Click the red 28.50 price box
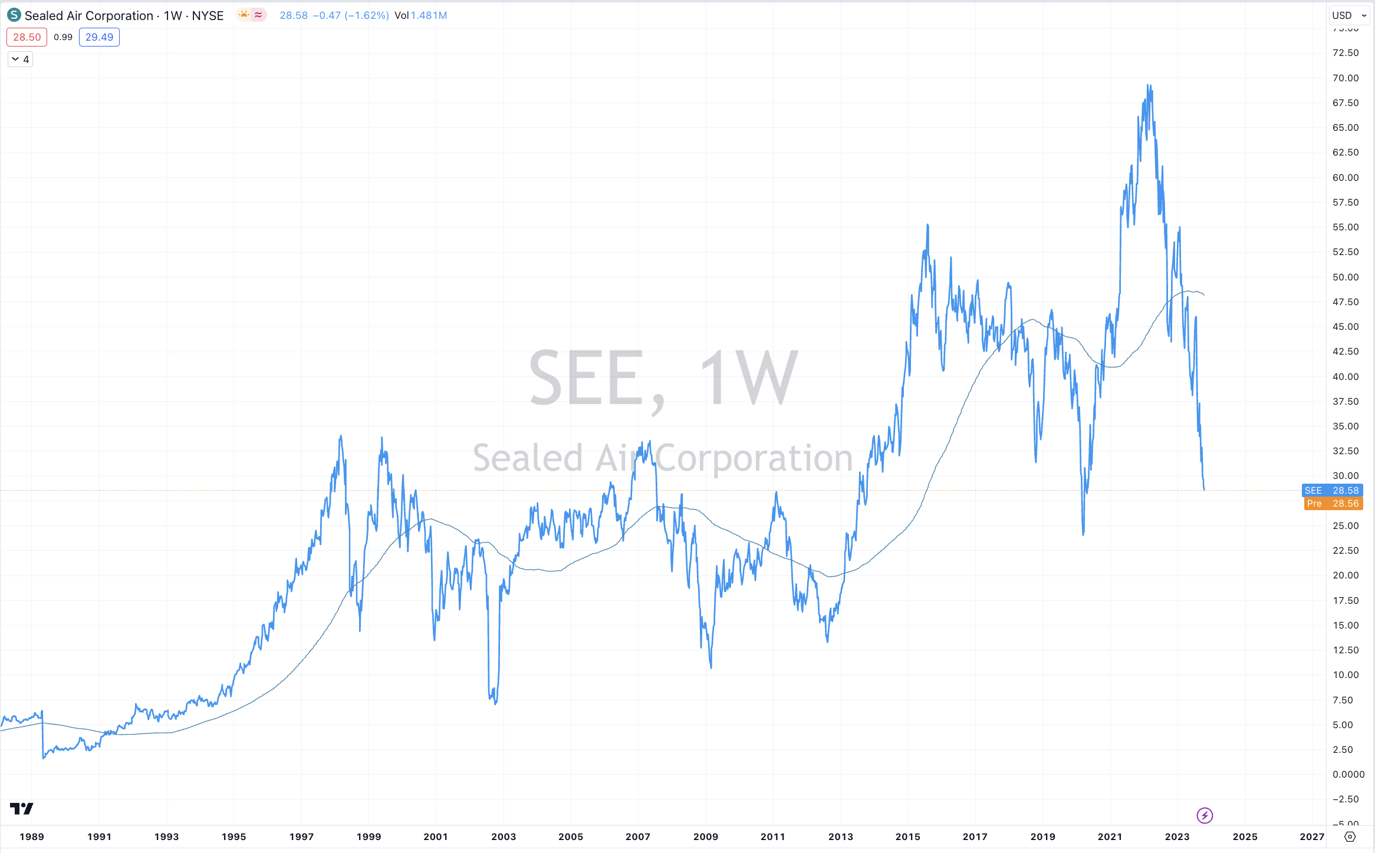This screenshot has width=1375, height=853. tap(27, 37)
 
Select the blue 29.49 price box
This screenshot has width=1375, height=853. tap(99, 37)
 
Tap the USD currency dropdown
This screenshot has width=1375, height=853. tap(1349, 15)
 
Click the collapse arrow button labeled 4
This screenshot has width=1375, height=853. tap(20, 59)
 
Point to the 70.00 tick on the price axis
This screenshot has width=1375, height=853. tap(1345, 78)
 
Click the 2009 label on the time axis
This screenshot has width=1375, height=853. tap(706, 837)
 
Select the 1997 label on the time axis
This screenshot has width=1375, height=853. tap(301, 837)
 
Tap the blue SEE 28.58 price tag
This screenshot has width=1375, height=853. tap(1332, 490)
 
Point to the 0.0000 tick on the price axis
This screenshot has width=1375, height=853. tap(1348, 774)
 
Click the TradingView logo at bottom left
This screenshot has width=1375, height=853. tap(21, 809)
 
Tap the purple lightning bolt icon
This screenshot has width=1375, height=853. tap(1205, 815)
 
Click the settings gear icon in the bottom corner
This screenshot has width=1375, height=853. tap(1350, 837)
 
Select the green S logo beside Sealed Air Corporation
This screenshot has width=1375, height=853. tap(14, 15)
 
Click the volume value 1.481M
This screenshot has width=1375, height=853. tap(429, 15)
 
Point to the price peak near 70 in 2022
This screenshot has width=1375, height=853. tap(1148, 85)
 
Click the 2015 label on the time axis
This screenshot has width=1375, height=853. tap(908, 837)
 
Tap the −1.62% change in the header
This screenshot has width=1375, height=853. tap(367, 15)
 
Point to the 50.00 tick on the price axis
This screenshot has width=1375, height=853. tap(1345, 277)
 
